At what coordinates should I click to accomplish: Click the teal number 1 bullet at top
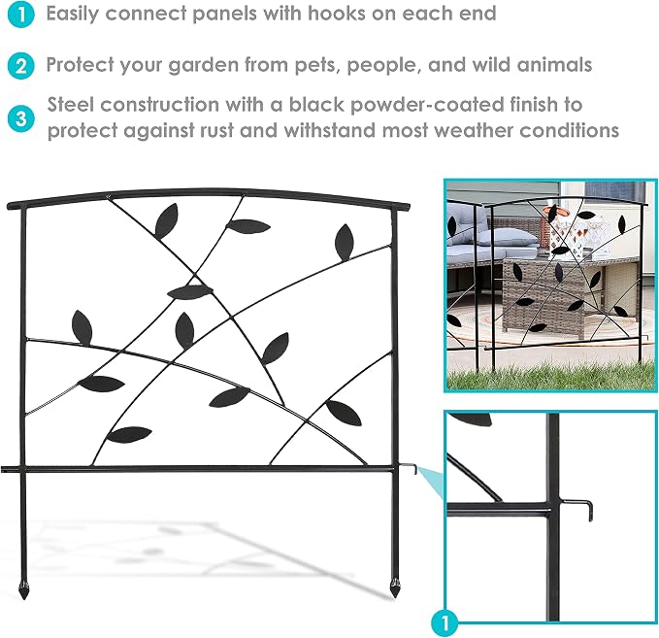point(20,15)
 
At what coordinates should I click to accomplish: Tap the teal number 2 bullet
point(20,66)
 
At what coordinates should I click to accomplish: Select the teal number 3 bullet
point(20,118)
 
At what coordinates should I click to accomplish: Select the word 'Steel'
point(70,104)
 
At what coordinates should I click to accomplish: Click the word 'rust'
point(216,130)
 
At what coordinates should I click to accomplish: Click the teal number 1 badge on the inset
point(445,622)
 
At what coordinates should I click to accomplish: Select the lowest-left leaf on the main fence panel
point(129,434)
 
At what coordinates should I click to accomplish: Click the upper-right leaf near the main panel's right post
point(345,242)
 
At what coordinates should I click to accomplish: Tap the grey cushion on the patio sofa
point(510,238)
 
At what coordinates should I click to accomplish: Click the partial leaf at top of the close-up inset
point(473,419)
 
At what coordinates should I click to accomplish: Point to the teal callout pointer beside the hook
point(432,481)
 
